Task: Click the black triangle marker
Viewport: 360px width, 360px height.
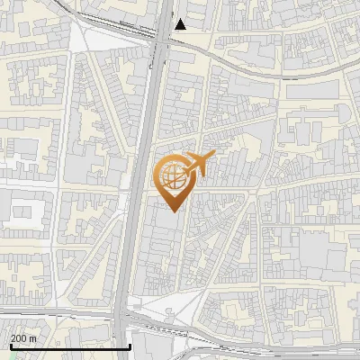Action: click(x=181, y=24)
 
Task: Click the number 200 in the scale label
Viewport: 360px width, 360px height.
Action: click(x=18, y=338)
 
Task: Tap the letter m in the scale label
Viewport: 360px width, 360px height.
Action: click(x=32, y=338)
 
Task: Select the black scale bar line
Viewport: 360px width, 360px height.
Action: click(x=67, y=346)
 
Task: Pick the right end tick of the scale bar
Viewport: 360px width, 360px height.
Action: click(x=130, y=346)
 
